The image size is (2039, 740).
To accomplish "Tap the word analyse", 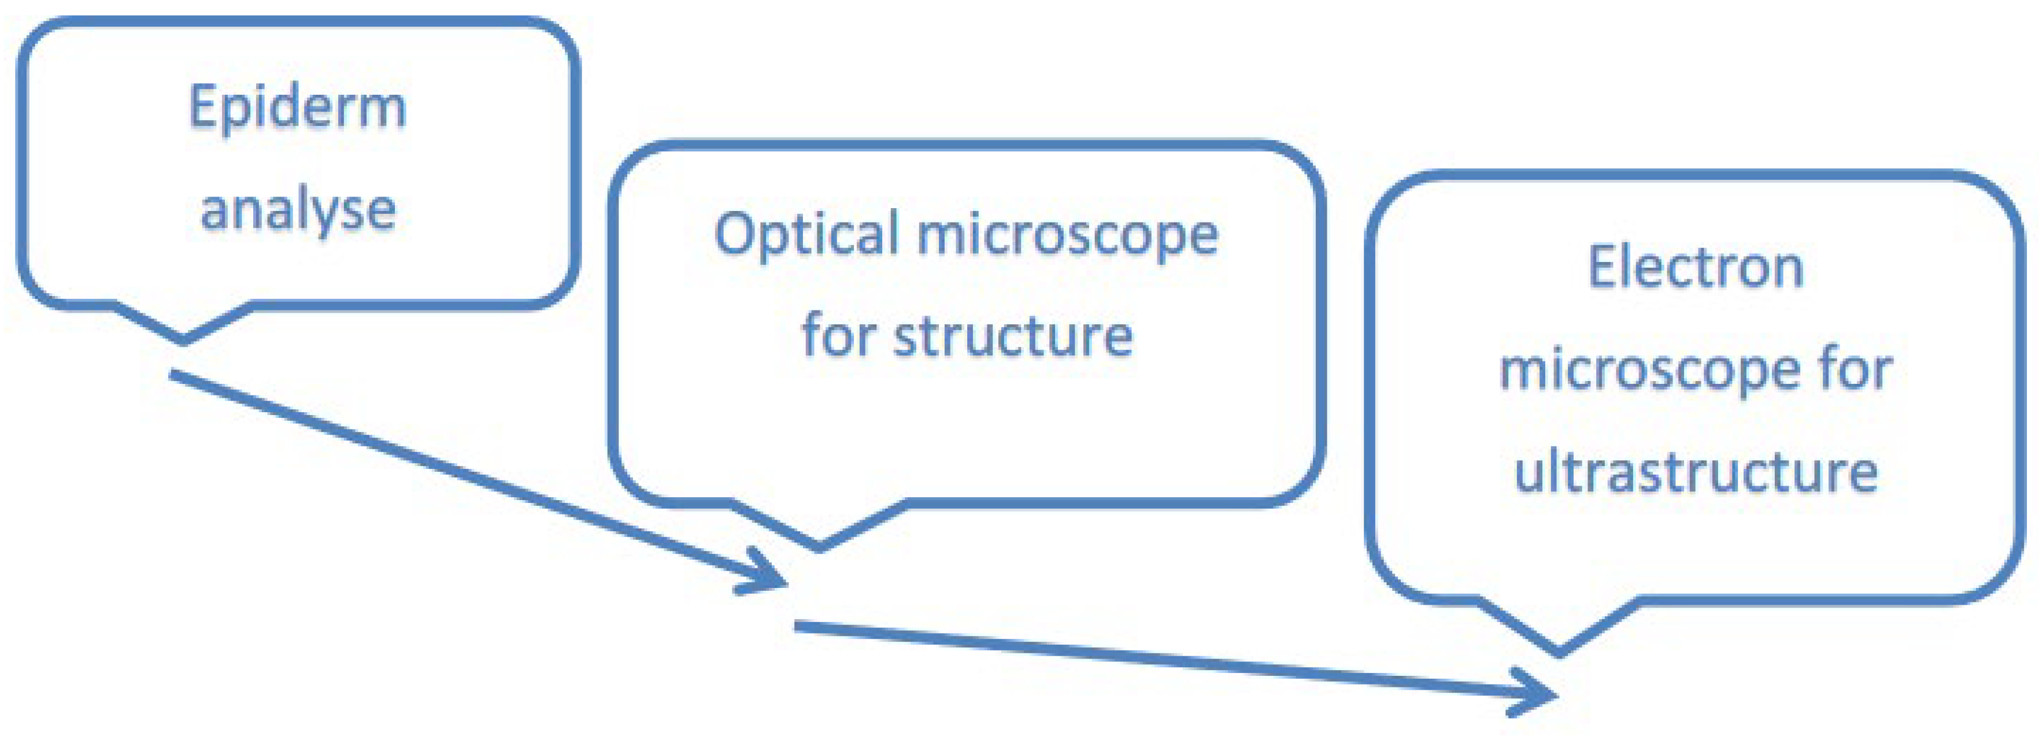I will (298, 210).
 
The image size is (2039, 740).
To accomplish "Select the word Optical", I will (806, 235).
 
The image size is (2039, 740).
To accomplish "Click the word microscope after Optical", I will (1068, 235).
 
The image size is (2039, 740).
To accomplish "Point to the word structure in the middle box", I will (1013, 336).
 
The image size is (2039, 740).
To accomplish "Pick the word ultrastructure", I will (1696, 472).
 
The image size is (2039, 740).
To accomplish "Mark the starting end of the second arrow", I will (798, 626).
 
